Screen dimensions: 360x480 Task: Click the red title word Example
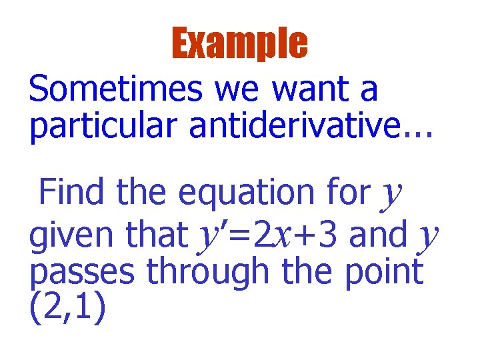tap(240, 43)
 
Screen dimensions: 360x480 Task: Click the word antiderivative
tap(289, 126)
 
